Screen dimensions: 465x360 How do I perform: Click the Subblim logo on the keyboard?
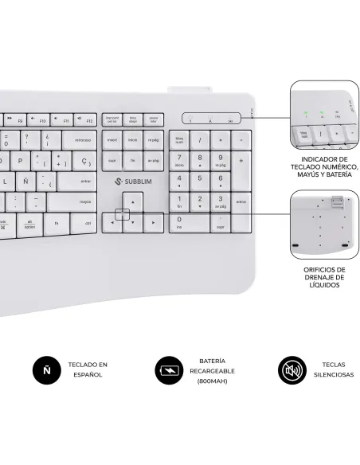pos(132,182)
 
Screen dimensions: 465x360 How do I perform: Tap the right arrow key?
pos(154,223)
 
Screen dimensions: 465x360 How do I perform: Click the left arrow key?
pos(112,223)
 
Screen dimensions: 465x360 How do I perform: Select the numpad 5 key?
pos(200,182)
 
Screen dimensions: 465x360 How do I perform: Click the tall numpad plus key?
pos(241,163)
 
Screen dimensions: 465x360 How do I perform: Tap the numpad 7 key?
pos(179,161)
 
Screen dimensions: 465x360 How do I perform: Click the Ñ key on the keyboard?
pos(26,182)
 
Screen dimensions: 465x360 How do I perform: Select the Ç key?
pos(84,162)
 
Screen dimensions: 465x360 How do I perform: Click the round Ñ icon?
pos(47,370)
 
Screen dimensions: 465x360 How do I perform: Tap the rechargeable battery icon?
pos(169,370)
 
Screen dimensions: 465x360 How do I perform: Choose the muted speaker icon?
pos(291,370)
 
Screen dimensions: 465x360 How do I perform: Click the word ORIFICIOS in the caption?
pos(324,270)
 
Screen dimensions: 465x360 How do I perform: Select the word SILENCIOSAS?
pos(332,374)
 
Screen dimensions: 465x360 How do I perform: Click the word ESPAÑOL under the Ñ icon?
pos(88,374)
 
